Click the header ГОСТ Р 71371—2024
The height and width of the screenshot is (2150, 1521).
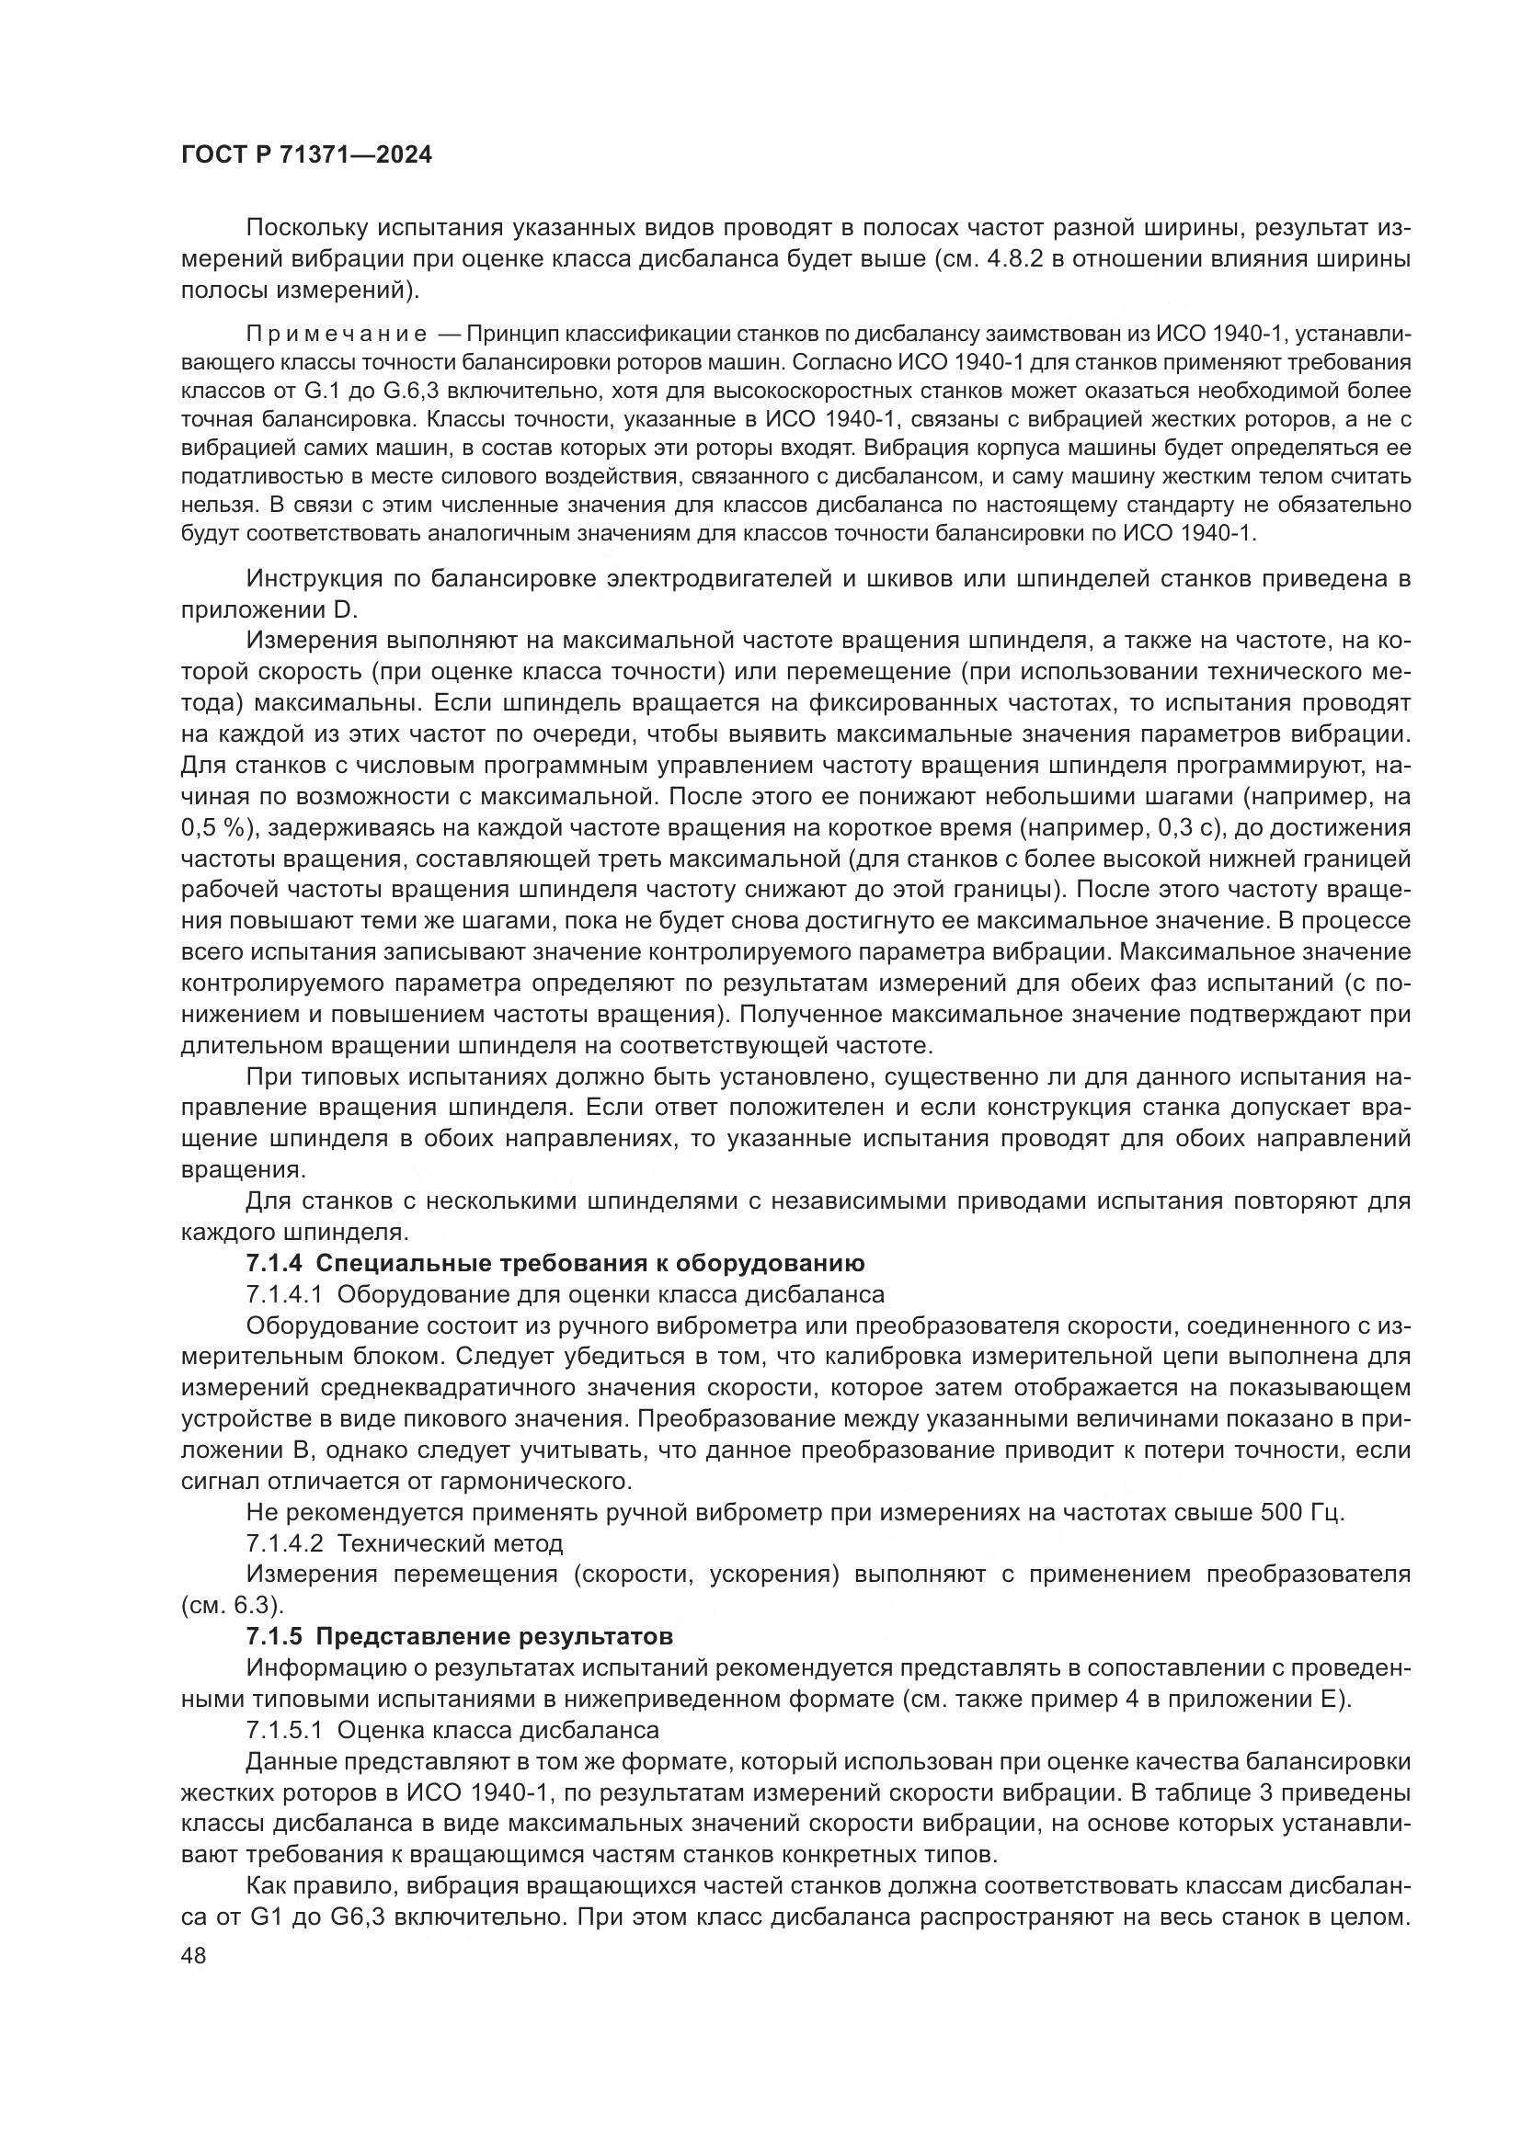306,155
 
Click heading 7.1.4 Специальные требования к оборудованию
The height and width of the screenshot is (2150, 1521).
555,1263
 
